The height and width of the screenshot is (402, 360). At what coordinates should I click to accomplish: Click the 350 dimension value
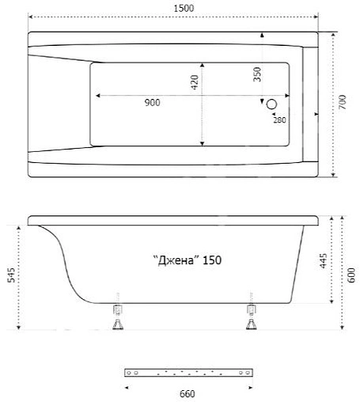(x=257, y=75)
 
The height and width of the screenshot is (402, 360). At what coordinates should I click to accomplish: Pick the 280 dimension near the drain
(x=279, y=119)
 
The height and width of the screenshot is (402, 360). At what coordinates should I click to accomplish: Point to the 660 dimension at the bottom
(x=187, y=394)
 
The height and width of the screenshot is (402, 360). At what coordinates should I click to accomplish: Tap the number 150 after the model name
(x=211, y=261)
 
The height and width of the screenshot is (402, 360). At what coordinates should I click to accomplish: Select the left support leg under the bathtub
(x=119, y=317)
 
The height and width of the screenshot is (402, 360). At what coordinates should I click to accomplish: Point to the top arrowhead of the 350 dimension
(x=263, y=35)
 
